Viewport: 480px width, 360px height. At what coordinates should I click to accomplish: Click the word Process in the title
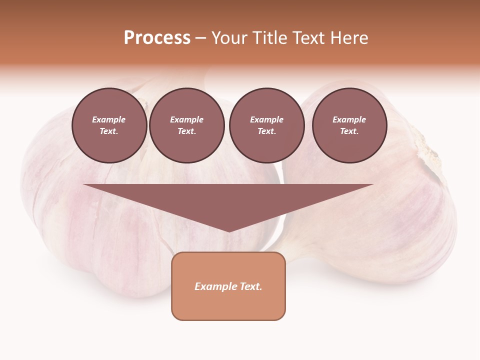click(x=157, y=38)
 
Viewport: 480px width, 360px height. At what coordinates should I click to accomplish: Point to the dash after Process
click(x=201, y=38)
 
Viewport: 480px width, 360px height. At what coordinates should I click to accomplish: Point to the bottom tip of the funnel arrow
click(x=228, y=231)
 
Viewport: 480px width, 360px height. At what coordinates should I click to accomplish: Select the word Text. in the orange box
click(x=250, y=286)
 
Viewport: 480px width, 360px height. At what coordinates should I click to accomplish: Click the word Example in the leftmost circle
click(x=109, y=119)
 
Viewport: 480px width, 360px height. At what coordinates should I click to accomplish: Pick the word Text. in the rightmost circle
click(x=349, y=131)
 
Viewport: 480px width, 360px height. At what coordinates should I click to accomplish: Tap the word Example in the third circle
click(x=266, y=119)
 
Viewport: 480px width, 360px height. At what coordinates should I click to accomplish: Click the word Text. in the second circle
click(x=186, y=131)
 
